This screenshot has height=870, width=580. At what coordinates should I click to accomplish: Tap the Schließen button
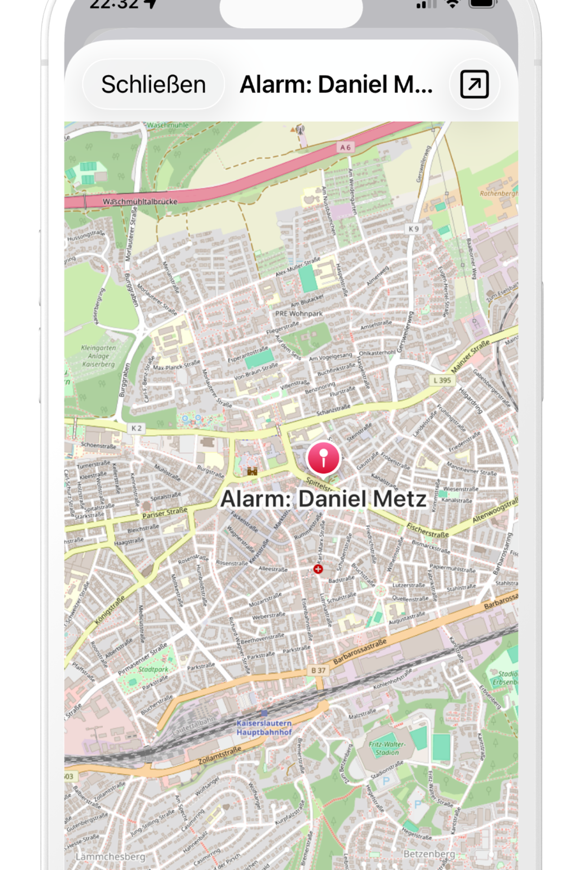coord(153,85)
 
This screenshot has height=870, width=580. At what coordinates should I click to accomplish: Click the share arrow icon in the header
coord(474,84)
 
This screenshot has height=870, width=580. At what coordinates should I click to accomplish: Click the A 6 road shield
coord(345,147)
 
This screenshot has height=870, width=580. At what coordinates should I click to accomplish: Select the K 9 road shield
coord(414,229)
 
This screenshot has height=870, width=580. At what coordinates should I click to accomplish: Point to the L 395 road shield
coord(442,380)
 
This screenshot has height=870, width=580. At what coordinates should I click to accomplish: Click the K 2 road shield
coord(136,428)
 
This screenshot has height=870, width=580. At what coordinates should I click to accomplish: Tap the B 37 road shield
coord(318,670)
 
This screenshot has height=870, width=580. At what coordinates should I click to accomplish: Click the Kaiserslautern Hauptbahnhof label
coord(264,727)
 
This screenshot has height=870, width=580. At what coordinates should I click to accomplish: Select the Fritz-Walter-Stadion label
coord(387,748)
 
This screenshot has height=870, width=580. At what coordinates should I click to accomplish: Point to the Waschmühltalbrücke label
coord(140,201)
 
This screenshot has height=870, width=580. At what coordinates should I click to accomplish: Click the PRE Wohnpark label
coord(299,313)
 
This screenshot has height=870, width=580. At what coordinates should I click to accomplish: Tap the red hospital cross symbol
coord(318,569)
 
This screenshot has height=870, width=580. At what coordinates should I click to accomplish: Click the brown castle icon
coord(252,471)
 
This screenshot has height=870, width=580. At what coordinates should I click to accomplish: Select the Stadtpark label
coord(153,669)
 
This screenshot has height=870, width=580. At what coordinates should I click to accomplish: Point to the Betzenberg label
coord(429,854)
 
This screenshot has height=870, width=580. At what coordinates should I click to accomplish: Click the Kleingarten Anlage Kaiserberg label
coord(98,356)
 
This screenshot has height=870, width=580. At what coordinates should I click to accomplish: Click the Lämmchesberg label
coord(110,857)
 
